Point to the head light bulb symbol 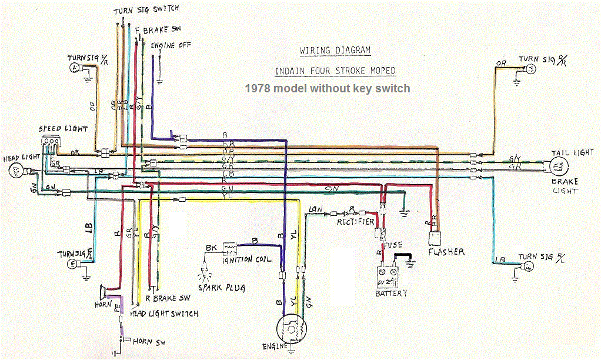click(16, 171)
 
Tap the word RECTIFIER click(355, 222)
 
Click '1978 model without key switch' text click(327, 88)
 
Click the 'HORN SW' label click(151, 341)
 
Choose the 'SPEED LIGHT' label click(64, 129)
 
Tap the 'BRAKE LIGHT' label click(565, 186)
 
